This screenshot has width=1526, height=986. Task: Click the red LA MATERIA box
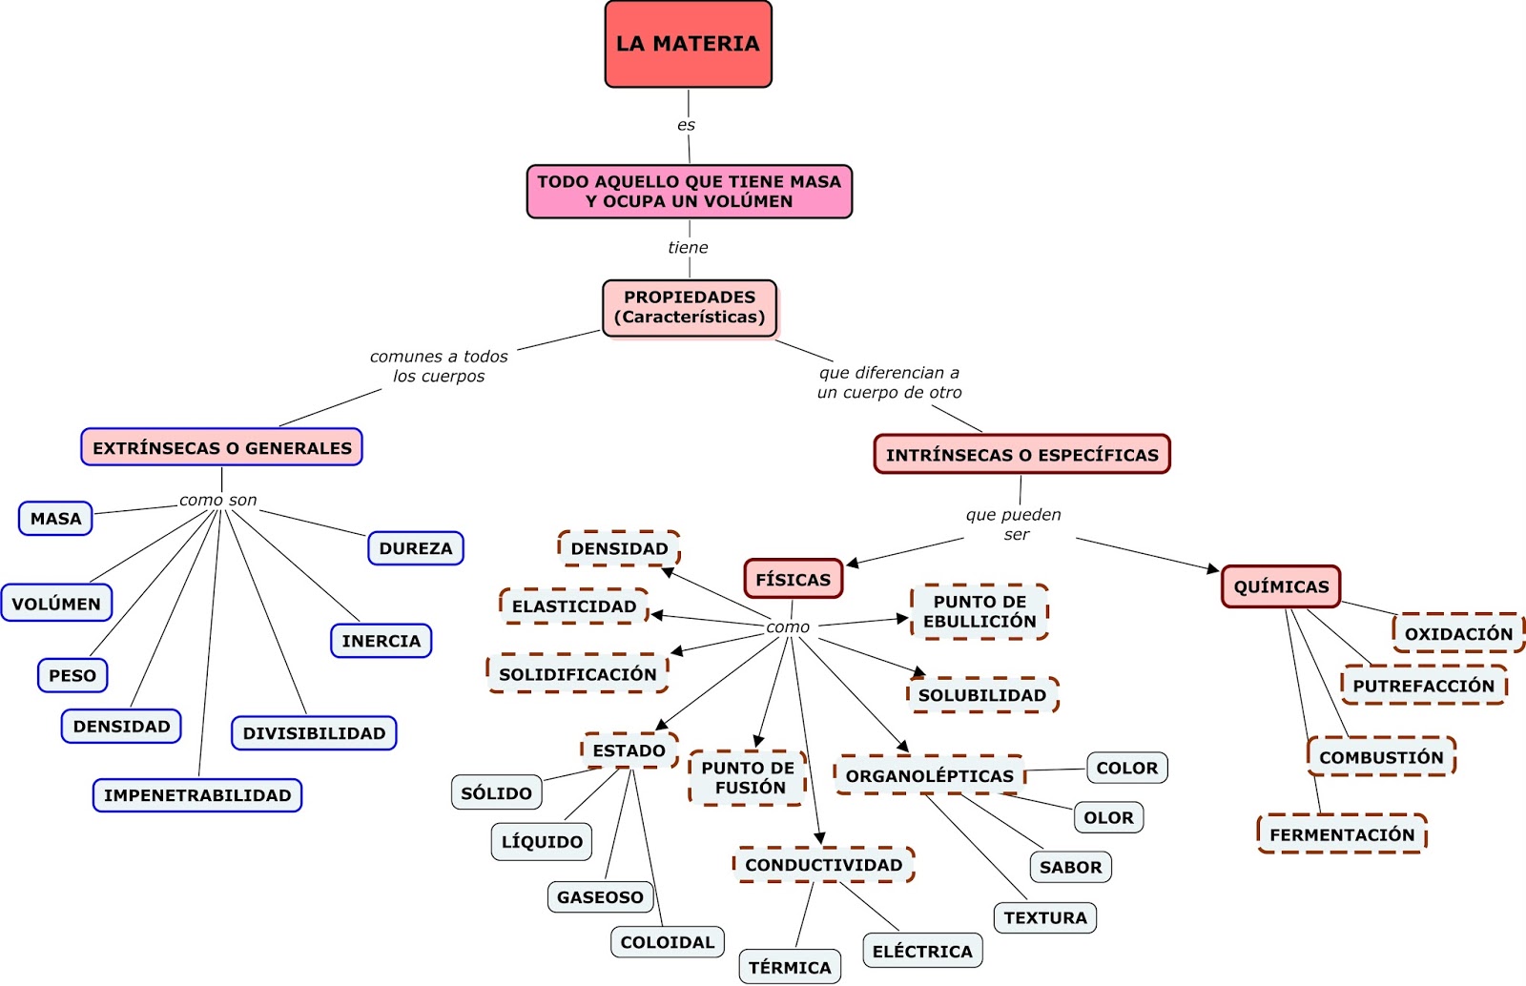click(x=688, y=44)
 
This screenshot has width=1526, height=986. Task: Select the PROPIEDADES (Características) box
click(x=690, y=307)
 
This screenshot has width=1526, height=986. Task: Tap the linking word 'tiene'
click(x=688, y=247)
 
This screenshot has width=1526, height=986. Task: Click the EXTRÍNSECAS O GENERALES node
click(x=221, y=447)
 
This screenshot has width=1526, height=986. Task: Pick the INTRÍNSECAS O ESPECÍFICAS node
click(x=1021, y=455)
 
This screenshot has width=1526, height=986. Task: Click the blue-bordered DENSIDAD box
click(x=121, y=726)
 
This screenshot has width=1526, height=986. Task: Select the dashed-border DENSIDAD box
click(x=619, y=548)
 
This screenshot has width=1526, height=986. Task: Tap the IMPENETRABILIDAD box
click(x=197, y=795)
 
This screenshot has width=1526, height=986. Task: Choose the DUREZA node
click(x=416, y=548)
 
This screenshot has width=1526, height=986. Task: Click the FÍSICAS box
click(x=793, y=579)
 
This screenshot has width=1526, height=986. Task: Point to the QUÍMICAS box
click(x=1281, y=586)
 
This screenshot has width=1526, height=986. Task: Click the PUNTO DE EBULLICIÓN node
click(x=980, y=611)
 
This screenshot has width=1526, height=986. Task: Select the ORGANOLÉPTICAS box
click(x=929, y=775)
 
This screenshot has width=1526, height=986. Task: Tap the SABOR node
click(x=1070, y=867)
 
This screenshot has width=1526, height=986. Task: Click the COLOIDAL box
click(x=667, y=942)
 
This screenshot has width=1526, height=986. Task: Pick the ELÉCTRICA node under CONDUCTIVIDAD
click(x=922, y=951)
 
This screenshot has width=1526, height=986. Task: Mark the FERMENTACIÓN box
click(x=1342, y=834)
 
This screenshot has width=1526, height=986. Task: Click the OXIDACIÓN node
click(x=1458, y=633)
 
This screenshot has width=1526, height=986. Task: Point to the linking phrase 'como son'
click(x=217, y=500)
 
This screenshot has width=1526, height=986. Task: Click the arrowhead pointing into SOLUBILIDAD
click(x=918, y=672)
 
